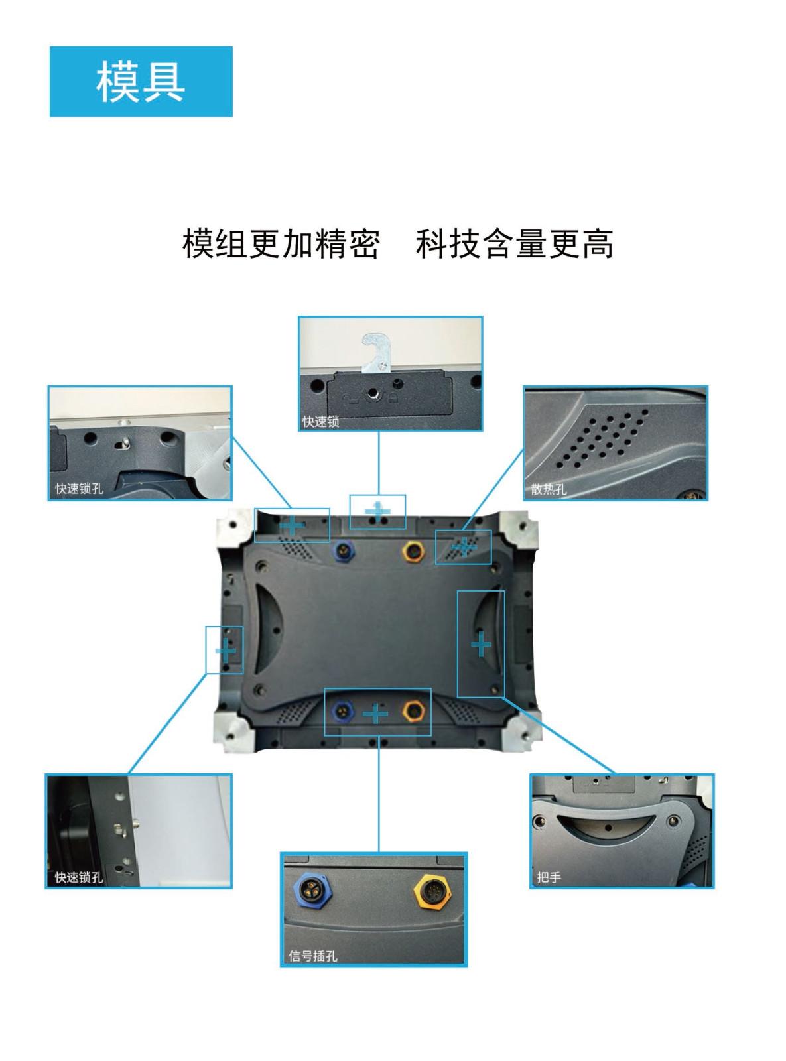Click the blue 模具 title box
[x=141, y=82]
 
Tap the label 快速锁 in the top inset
[x=321, y=422]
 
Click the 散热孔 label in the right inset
[x=549, y=489]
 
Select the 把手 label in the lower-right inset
[x=549, y=877]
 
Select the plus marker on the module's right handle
[x=481, y=644]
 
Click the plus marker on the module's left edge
[x=226, y=651]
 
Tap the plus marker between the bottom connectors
[x=376, y=714]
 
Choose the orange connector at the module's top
[x=415, y=550]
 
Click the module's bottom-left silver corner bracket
[x=232, y=732]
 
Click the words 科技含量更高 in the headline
[x=514, y=244]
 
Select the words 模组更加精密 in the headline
[x=281, y=244]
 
